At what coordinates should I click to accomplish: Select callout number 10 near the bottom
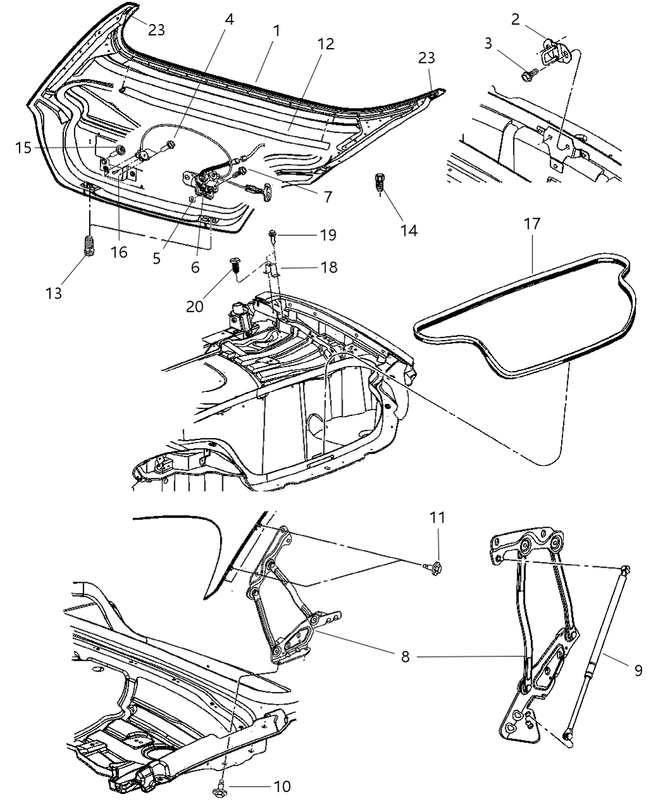pyautogui.click(x=282, y=786)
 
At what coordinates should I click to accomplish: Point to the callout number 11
pyautogui.click(x=437, y=518)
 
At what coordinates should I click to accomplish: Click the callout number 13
pyautogui.click(x=54, y=293)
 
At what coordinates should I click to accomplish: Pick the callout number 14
pyautogui.click(x=408, y=230)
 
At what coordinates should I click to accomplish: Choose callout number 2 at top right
pyautogui.click(x=515, y=20)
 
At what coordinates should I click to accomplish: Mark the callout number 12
pyautogui.click(x=326, y=44)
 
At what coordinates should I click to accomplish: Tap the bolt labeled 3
pyautogui.click(x=528, y=76)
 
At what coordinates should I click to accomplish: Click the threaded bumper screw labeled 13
pyautogui.click(x=89, y=244)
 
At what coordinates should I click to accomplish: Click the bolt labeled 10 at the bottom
pyautogui.click(x=219, y=786)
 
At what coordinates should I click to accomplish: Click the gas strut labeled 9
pyautogui.click(x=597, y=651)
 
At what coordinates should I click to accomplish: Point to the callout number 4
pyautogui.click(x=229, y=20)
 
